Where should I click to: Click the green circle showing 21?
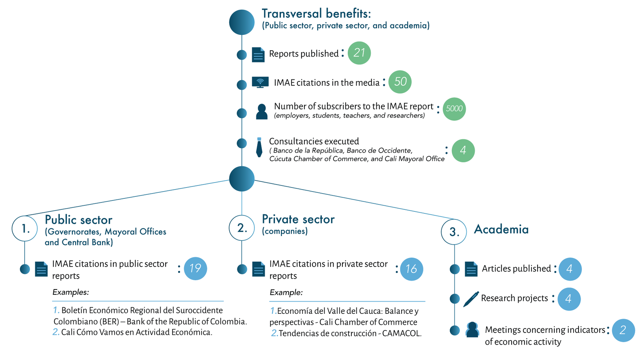tap(359, 53)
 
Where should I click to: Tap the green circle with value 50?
tap(400, 82)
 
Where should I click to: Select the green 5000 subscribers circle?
tap(454, 109)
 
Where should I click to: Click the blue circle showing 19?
tap(195, 268)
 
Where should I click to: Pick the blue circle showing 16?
tap(411, 269)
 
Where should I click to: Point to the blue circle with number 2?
tap(623, 330)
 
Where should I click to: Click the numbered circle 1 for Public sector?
tap(25, 229)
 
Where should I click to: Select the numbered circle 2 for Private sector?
tap(242, 228)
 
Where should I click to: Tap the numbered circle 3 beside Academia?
tap(454, 232)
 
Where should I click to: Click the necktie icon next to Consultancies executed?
tap(259, 147)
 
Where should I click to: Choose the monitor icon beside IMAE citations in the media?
tap(260, 82)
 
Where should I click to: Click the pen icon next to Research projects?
tap(471, 299)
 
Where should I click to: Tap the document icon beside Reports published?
tap(258, 55)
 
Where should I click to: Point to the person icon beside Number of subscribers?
tap(262, 112)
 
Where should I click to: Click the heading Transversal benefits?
tap(316, 14)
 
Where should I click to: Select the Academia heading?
tap(501, 230)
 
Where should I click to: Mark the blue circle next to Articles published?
tap(570, 269)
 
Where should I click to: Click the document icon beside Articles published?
tap(471, 269)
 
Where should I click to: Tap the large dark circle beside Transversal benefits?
tap(242, 22)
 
